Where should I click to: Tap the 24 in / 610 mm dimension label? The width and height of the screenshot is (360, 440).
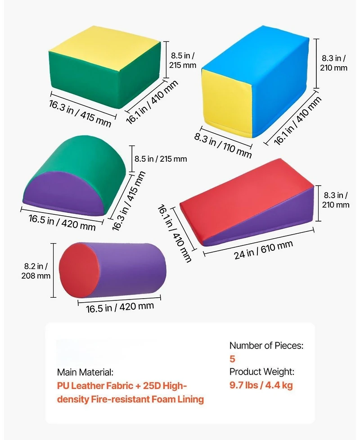coord(263,249)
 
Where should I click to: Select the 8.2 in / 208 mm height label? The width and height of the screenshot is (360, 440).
coord(36,271)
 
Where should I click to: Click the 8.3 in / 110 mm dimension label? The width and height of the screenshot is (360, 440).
coord(223,145)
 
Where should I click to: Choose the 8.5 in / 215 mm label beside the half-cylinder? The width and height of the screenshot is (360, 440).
coord(160,159)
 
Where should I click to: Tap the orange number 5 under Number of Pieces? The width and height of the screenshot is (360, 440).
coord(232,359)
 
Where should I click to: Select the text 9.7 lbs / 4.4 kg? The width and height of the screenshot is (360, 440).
coord(261,385)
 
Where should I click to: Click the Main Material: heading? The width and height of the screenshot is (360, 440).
coord(85,372)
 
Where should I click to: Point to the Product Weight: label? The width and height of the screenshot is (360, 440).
coord(262,372)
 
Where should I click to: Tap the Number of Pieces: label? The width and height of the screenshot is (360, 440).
coord(266,345)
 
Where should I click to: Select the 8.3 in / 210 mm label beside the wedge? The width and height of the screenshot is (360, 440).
coord(336,200)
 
